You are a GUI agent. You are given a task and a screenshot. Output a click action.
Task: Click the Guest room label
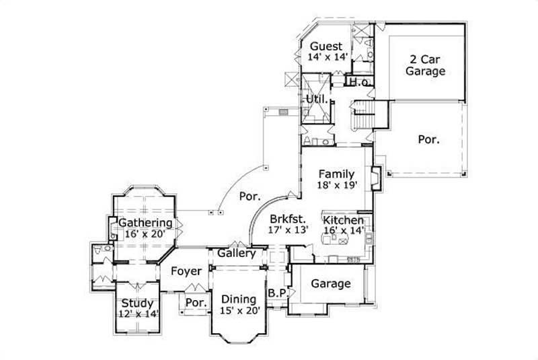point(326,46)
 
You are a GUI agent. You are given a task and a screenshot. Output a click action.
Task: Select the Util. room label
point(317,99)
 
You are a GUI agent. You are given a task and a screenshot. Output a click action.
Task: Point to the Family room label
point(336,174)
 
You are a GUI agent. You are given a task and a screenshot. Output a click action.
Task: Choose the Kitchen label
point(344,220)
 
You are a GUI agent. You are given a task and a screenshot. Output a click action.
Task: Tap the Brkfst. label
point(289,219)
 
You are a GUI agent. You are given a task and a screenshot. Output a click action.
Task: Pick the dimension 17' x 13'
point(289,229)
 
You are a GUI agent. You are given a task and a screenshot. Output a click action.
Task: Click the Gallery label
point(236,254)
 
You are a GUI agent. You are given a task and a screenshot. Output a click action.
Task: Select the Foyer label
point(186,271)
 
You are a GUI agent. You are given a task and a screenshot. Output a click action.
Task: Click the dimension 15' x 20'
point(239,310)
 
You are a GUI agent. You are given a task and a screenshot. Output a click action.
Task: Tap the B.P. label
point(276,293)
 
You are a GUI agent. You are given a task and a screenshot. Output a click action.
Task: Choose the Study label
point(137,303)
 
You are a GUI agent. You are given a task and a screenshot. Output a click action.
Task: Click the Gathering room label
point(145,223)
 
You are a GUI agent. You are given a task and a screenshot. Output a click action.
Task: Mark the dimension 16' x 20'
point(145,233)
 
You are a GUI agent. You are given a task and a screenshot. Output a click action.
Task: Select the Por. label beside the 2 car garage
point(428,140)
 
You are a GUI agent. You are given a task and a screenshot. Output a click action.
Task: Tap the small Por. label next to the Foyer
point(196,303)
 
